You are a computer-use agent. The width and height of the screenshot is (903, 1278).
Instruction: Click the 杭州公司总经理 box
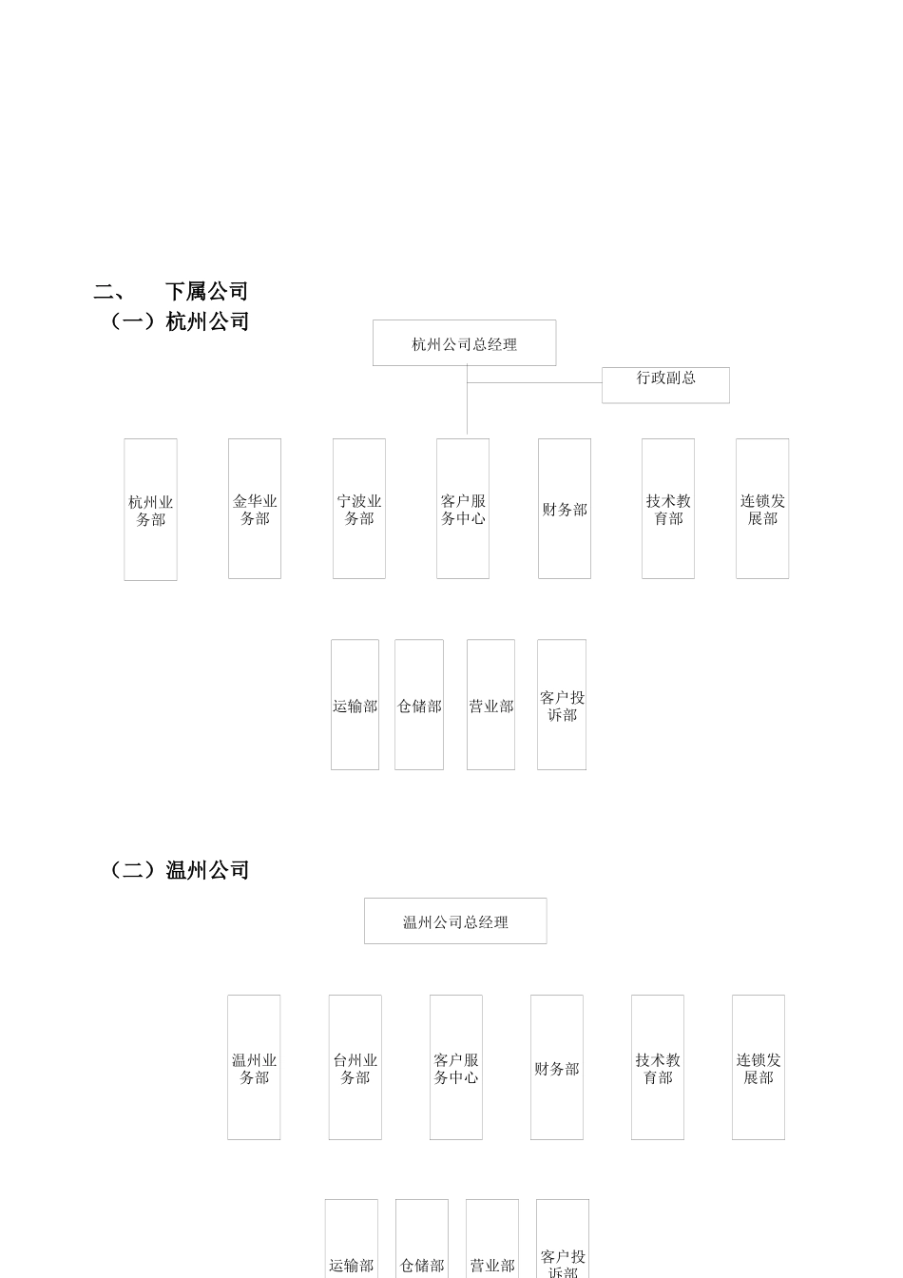pyautogui.click(x=464, y=343)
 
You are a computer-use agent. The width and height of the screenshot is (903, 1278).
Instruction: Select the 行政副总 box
pyautogui.click(x=665, y=385)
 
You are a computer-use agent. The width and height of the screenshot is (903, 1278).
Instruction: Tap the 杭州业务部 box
pyautogui.click(x=150, y=510)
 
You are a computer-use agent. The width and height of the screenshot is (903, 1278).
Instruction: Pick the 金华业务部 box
pyautogui.click(x=255, y=509)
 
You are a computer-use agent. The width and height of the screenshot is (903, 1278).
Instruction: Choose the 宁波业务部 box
pyautogui.click(x=359, y=509)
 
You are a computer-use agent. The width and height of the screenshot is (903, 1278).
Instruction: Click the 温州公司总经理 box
pyautogui.click(x=455, y=921)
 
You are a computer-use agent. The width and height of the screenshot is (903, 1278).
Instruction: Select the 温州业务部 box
pyautogui.click(x=254, y=1067)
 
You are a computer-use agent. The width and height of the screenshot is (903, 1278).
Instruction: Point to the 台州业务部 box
pyautogui.click(x=355, y=1067)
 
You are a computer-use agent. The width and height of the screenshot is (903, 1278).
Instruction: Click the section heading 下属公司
pyautogui.click(x=206, y=291)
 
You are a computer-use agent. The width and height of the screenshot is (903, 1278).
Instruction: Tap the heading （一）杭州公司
pyautogui.click(x=179, y=321)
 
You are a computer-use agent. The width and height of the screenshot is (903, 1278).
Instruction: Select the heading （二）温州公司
pyautogui.click(x=179, y=870)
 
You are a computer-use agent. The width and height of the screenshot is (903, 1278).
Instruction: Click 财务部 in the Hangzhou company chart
pyautogui.click(x=565, y=509)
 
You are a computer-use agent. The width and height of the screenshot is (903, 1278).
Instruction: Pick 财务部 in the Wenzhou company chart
pyautogui.click(x=557, y=1067)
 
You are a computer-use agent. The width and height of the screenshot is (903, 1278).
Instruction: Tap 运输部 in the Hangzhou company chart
pyautogui.click(x=355, y=705)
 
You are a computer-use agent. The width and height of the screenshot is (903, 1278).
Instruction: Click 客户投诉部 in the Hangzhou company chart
pyautogui.click(x=562, y=705)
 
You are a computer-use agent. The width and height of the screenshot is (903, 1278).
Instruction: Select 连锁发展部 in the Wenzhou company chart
pyautogui.click(x=759, y=1067)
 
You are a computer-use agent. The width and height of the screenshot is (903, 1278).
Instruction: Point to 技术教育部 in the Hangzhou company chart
pyautogui.click(x=668, y=509)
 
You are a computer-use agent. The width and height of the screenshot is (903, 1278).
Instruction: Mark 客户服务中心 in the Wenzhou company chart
pyautogui.click(x=456, y=1067)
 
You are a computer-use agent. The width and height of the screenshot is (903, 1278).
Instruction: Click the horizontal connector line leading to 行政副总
pyautogui.click(x=534, y=383)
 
